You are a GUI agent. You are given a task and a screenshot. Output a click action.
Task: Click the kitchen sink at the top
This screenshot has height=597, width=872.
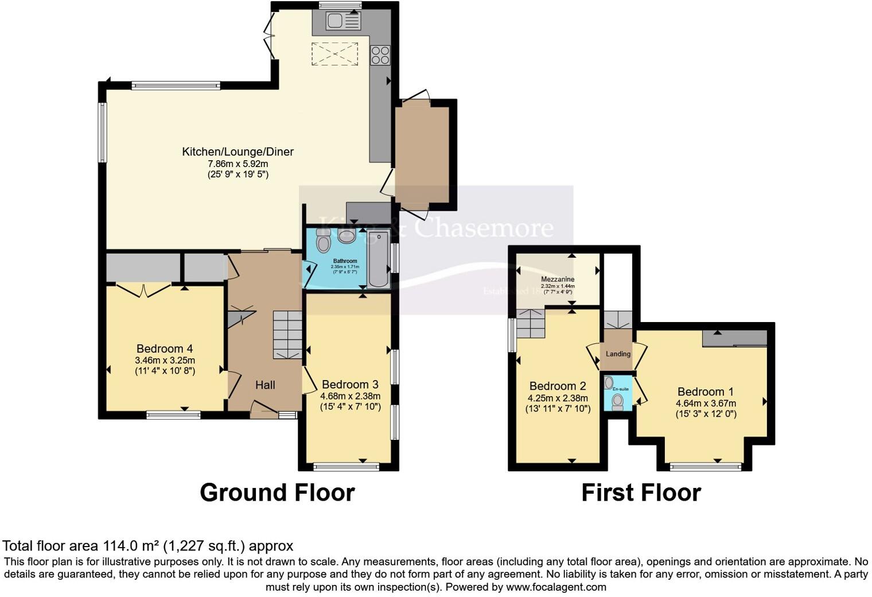tap(342, 21)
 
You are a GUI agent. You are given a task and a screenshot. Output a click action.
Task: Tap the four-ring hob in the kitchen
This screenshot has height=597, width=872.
tap(380, 55)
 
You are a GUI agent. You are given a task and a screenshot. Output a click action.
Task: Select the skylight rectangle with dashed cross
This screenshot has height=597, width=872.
tap(334, 55)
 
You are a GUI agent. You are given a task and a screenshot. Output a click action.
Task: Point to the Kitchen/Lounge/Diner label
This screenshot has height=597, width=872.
tap(238, 152)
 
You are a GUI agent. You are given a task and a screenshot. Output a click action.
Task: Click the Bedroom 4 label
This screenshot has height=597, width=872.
tap(165, 348)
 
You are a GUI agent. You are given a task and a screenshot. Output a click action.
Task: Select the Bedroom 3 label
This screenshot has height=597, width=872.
tap(350, 384)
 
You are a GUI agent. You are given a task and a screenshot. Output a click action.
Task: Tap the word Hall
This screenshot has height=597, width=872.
tap(265, 385)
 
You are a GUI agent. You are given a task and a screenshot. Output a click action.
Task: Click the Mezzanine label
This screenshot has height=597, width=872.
tap(558, 280)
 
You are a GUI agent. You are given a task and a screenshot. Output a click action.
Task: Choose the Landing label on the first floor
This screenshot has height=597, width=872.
tap(618, 354)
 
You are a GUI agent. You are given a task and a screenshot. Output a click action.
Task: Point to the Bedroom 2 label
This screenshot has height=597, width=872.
tap(558, 386)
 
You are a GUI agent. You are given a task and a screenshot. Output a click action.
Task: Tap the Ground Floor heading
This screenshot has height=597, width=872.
tap(277, 493)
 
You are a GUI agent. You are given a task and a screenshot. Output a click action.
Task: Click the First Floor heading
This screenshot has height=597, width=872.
tap(641, 493)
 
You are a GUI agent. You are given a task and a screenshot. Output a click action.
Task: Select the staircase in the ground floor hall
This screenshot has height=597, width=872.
tap(287, 335)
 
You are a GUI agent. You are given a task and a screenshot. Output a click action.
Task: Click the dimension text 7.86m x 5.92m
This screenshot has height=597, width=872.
tap(238, 164)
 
